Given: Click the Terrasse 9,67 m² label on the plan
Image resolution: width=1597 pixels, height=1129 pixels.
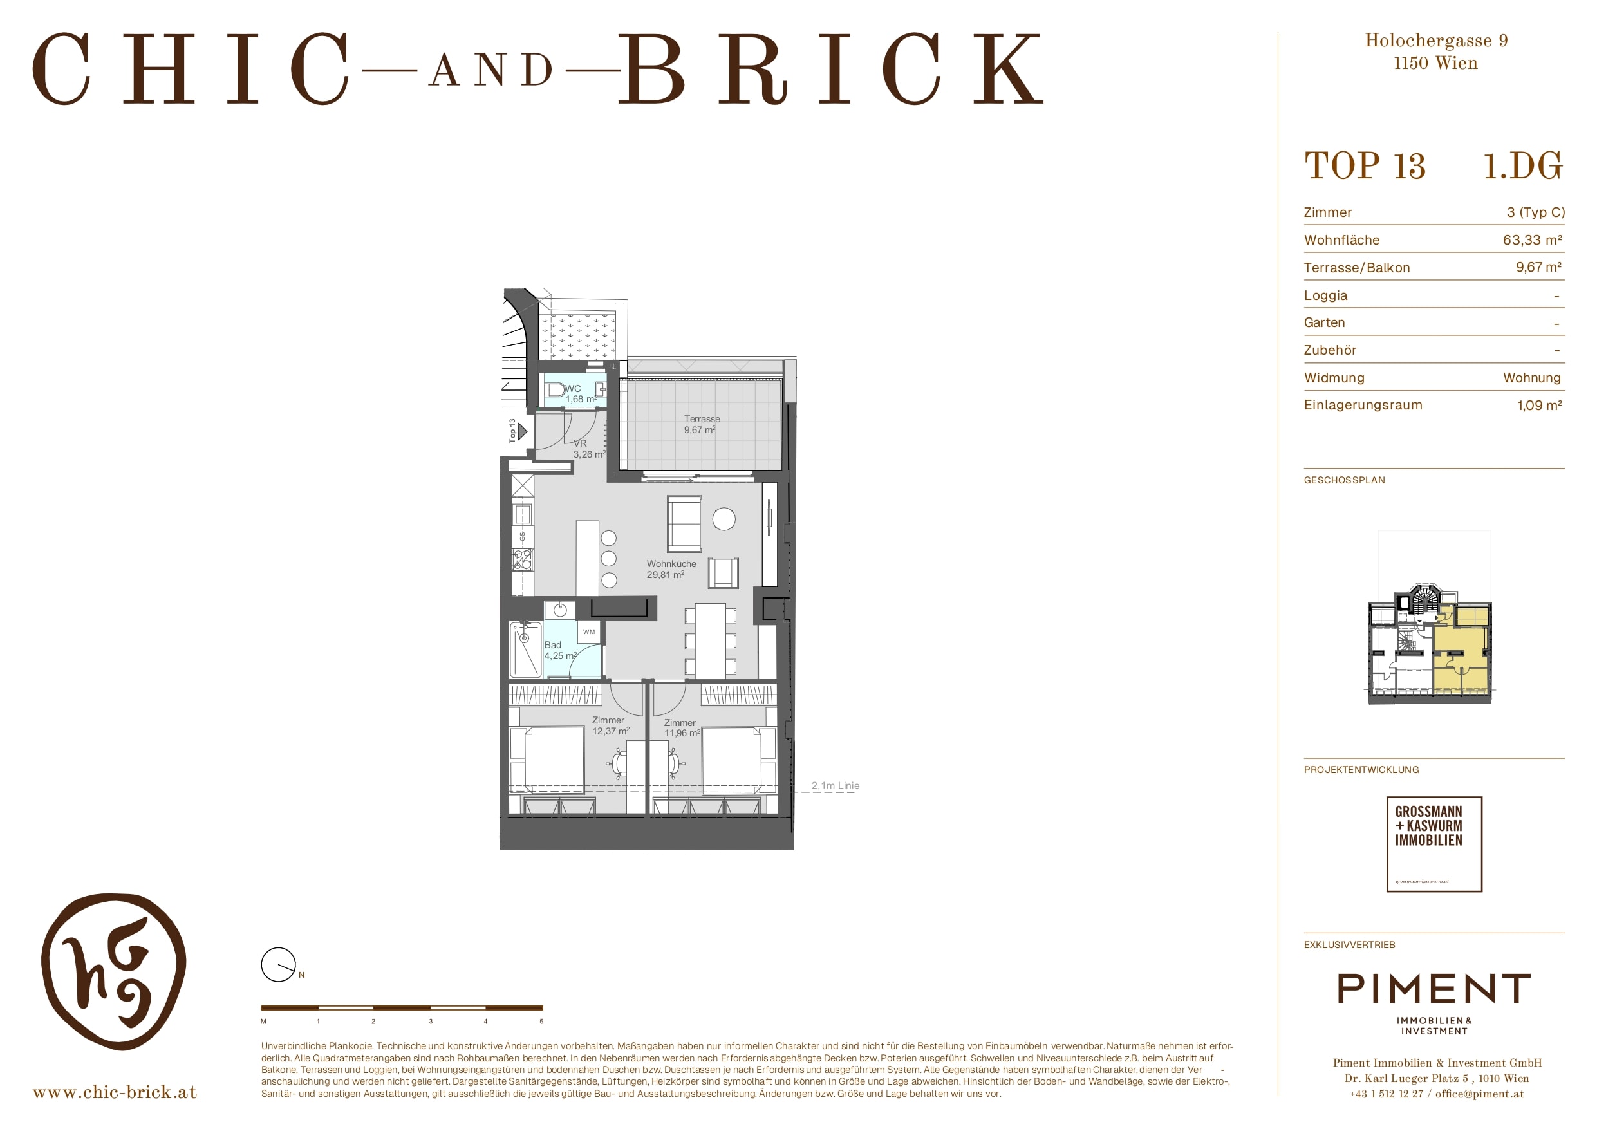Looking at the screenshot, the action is pyautogui.click(x=700, y=424).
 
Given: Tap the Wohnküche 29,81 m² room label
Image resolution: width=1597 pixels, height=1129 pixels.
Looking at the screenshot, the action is pyautogui.click(x=671, y=569).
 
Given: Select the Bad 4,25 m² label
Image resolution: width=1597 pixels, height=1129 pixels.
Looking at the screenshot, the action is pyautogui.click(x=560, y=650).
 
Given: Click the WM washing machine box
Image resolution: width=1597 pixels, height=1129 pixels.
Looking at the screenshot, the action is pyautogui.click(x=589, y=631).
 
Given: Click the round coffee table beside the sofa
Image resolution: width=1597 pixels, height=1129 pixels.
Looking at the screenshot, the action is pyautogui.click(x=724, y=519).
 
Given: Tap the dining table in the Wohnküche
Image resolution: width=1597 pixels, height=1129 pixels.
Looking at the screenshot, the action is pyautogui.click(x=710, y=640).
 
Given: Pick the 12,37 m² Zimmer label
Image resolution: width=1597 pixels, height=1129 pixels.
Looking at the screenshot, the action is pyautogui.click(x=610, y=725).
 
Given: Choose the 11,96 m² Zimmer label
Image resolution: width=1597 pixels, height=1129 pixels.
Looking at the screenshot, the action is pyautogui.click(x=682, y=727).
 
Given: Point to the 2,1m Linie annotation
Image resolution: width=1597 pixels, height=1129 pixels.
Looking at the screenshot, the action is pyautogui.click(x=836, y=785).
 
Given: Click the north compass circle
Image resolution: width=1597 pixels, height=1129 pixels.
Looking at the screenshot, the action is pyautogui.click(x=277, y=965).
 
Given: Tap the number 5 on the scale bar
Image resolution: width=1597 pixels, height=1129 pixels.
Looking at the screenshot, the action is pyautogui.click(x=541, y=1021).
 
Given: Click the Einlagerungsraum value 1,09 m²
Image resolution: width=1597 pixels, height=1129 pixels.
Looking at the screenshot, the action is pyautogui.click(x=1539, y=406).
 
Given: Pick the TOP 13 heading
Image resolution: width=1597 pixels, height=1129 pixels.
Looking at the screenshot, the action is pyautogui.click(x=1365, y=166).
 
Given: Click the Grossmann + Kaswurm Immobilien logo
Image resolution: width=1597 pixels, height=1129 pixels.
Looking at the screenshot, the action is pyautogui.click(x=1434, y=844).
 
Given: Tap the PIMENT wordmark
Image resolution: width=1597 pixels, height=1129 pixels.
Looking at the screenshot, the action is pyautogui.click(x=1434, y=989).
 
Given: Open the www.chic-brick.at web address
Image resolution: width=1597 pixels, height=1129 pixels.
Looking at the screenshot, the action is pyautogui.click(x=115, y=1092).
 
